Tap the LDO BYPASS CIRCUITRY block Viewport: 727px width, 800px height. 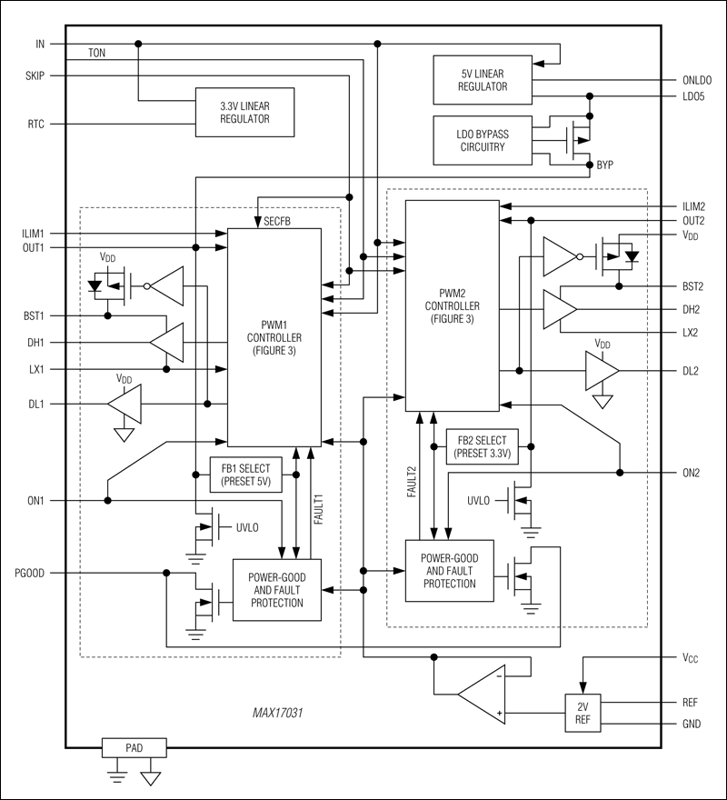pos(483,140)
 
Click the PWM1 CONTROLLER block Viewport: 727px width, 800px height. pos(274,336)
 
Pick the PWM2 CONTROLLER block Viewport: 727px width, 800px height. pos(452,306)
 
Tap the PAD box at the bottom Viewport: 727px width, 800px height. pos(134,748)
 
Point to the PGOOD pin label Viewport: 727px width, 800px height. pos(29,573)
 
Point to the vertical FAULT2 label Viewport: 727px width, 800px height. pos(410,478)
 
